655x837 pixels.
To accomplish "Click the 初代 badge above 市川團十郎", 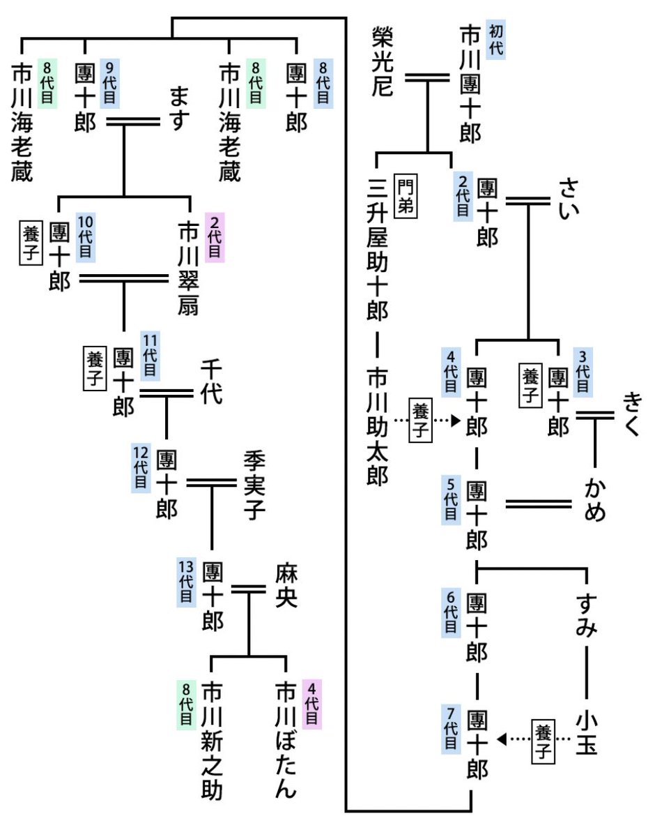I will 495,39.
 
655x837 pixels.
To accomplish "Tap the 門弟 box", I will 405,196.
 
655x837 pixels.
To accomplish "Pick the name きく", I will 632,413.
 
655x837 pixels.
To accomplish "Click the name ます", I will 179,109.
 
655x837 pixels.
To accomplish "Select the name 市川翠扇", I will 189,268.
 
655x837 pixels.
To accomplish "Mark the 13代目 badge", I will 187,582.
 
